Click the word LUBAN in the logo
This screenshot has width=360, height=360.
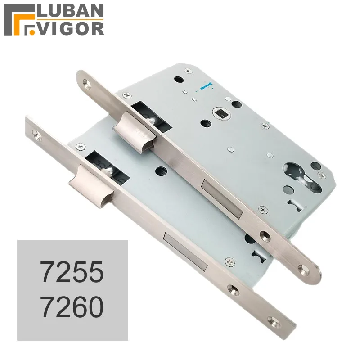(x=71, y=11)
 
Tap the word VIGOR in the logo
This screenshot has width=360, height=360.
(x=71, y=28)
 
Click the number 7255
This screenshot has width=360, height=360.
(x=72, y=272)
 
